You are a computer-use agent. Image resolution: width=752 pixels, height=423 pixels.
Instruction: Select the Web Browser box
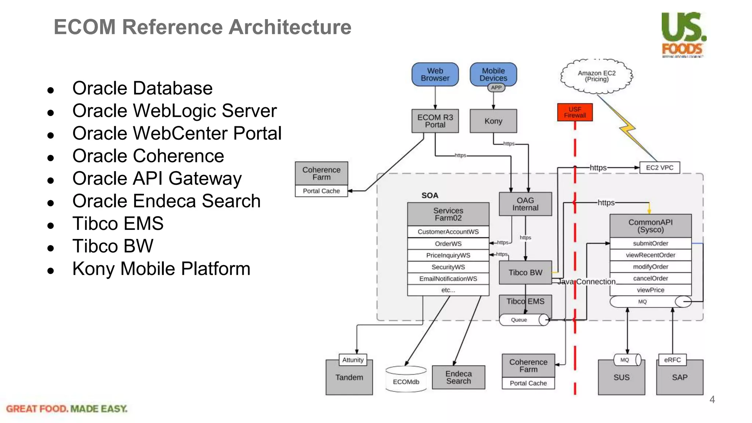point(435,75)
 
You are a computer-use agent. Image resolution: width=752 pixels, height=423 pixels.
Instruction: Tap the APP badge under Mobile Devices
point(496,87)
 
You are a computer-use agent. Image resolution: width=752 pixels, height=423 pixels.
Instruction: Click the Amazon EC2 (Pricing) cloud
point(597,76)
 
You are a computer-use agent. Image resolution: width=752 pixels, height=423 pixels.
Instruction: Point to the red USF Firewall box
point(575,112)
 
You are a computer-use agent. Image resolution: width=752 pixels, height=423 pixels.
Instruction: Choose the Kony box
point(493,121)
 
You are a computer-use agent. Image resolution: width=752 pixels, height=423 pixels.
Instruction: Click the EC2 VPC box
point(659,168)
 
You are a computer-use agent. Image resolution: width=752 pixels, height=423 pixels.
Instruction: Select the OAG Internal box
point(525,204)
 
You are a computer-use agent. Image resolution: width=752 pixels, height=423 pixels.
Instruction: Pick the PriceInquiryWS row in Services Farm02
point(448,255)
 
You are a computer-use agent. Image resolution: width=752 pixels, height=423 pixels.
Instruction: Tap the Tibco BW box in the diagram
point(525,272)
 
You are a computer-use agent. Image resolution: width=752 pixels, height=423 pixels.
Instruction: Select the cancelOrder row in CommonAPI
point(650,278)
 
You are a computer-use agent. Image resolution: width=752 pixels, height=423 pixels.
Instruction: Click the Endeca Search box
point(458,377)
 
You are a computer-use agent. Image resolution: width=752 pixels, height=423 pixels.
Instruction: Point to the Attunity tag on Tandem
point(352,360)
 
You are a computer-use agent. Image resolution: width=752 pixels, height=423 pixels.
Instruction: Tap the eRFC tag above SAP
point(672,360)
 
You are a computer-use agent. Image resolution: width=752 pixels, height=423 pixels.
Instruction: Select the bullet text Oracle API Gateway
point(157,179)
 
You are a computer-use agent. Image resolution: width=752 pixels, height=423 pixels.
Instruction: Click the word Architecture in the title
point(290,27)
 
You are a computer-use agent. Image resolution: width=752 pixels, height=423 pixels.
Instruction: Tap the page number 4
point(712,399)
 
